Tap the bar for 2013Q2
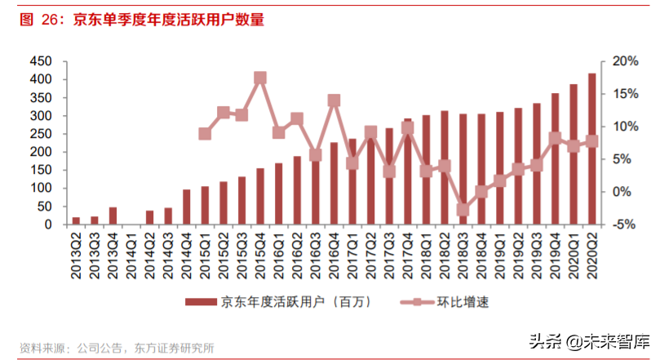76,220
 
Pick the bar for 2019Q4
555,158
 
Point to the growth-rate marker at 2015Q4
260,78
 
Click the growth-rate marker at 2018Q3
463,210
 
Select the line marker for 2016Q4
334,100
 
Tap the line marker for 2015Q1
205,133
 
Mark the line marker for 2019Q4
555,139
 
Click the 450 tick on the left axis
42,61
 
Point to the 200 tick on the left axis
42,152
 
